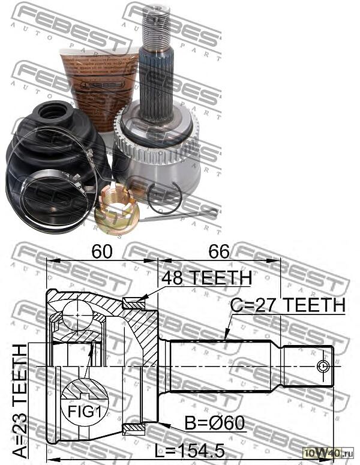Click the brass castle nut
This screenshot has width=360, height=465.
pos(116,209)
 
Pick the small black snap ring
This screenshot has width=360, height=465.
pos(166,197)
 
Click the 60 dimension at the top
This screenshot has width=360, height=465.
pos(103,252)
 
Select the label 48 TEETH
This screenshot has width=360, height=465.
pos(206,278)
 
